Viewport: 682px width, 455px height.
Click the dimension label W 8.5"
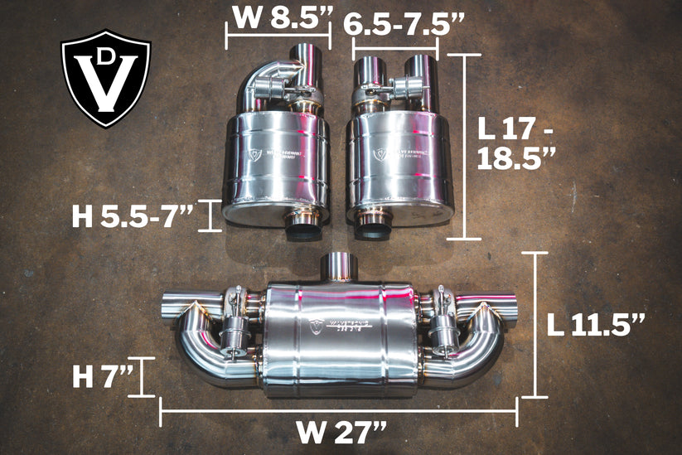pyautogui.click(x=277, y=17)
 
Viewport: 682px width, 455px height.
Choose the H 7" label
pyautogui.click(x=103, y=377)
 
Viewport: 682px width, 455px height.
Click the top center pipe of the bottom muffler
pyautogui.click(x=337, y=267)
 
